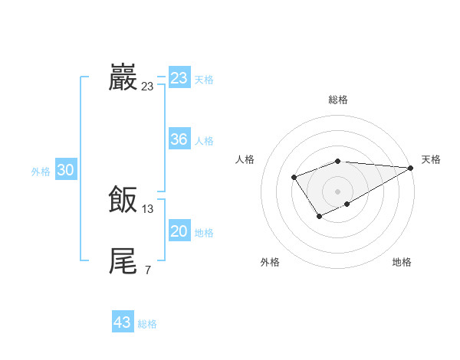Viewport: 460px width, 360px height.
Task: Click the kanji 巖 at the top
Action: pos(123,78)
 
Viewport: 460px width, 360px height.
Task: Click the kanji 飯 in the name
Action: pos(123,201)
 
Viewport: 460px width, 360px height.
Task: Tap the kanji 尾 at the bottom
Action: pos(123,261)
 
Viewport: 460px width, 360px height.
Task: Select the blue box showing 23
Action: pos(179,78)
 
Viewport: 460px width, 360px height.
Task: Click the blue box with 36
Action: pos(179,139)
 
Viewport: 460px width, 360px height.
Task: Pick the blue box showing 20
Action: pos(179,231)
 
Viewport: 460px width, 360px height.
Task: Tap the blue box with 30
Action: pos(66,171)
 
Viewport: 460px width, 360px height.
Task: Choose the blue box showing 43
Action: pos(123,322)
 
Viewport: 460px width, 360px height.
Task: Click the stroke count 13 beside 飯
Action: pos(148,209)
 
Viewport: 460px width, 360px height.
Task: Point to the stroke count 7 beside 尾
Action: pos(147,270)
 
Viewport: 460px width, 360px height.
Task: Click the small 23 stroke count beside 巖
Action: pos(147,87)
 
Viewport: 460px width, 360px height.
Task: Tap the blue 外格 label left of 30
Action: pos(41,172)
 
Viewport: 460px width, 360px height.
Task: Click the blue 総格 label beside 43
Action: pos(147,324)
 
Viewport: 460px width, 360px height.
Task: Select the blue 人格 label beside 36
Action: pos(204,141)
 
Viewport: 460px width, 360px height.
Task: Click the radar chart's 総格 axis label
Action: pos(337,100)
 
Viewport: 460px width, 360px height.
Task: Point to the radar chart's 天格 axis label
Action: pos(431,159)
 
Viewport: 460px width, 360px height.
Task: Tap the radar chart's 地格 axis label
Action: pos(402,263)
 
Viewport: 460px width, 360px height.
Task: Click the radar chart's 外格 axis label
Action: pos(270,263)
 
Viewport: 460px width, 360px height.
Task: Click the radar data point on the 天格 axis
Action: pos(410,168)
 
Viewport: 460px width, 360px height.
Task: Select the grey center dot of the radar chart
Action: pos(337,191)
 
